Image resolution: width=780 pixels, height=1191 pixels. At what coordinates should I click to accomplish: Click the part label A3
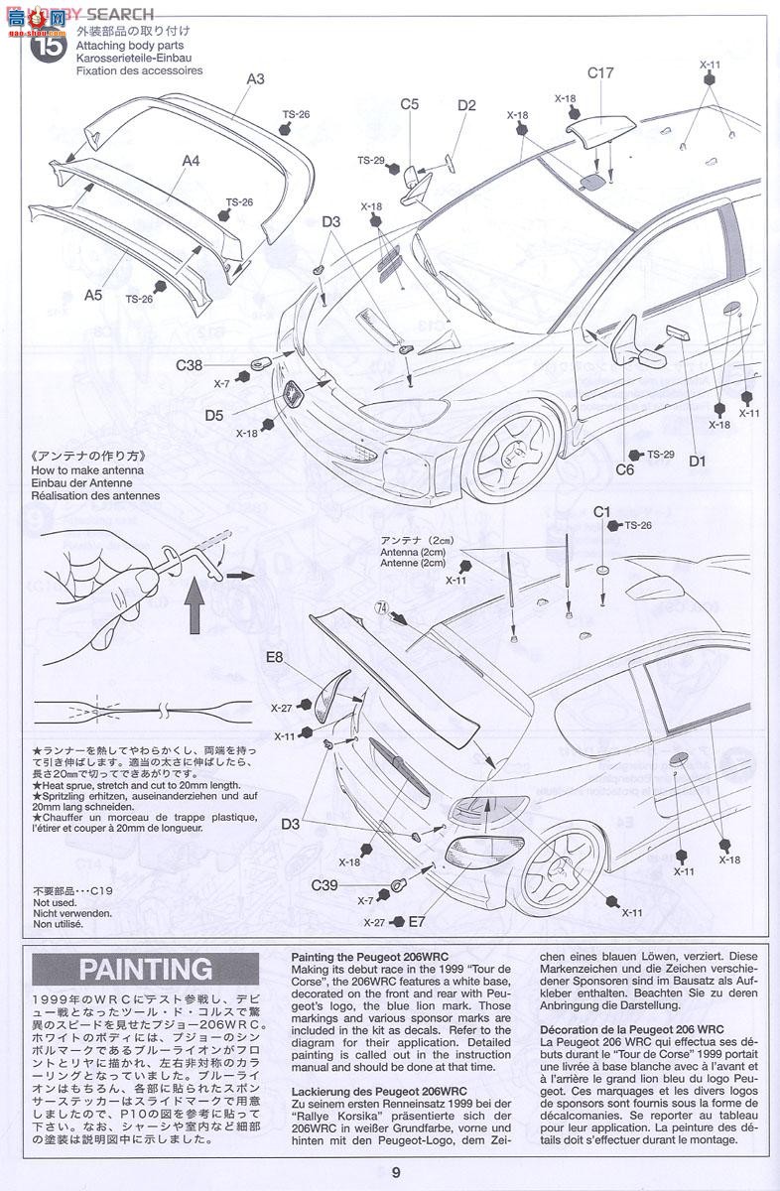255,79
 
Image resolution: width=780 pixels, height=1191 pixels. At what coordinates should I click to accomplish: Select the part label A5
93,295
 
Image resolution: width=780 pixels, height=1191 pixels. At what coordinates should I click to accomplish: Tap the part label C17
600,72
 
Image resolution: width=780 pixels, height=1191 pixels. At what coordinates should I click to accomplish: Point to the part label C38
191,365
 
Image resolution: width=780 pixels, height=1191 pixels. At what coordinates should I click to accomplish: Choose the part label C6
624,469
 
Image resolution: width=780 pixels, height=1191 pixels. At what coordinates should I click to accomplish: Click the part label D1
697,461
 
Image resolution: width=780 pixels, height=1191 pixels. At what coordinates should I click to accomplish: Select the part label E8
275,657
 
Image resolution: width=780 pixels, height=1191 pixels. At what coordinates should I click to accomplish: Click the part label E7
417,921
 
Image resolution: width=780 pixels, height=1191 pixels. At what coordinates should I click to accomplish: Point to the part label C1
601,511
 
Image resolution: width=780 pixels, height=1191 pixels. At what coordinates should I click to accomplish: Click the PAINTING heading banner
146,969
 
